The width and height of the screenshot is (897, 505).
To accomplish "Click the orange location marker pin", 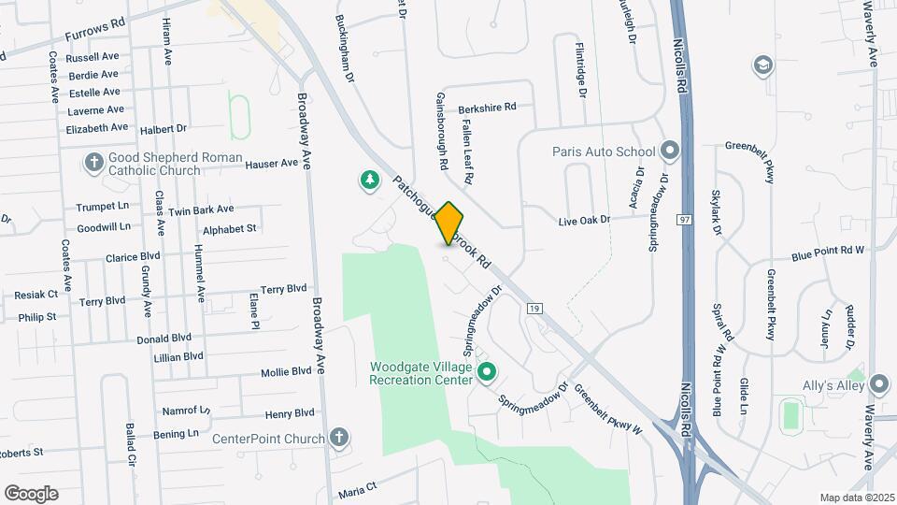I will point(449,223).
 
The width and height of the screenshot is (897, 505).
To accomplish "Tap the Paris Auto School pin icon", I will point(670,151).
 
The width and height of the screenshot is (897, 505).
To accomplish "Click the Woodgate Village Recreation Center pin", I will point(486,373).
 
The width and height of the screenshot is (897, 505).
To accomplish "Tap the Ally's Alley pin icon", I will point(877,384).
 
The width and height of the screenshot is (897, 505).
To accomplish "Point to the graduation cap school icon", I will point(763,65).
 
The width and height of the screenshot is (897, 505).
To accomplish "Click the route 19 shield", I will point(534,308).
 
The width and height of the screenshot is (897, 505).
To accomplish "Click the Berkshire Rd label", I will point(487,108).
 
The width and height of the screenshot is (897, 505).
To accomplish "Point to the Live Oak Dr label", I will point(584,220).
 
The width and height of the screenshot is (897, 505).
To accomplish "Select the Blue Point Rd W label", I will point(828,252).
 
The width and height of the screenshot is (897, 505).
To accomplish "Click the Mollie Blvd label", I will point(287,371).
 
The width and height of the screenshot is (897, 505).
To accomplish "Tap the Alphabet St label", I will point(229,228).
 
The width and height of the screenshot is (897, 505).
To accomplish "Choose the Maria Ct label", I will point(357,488).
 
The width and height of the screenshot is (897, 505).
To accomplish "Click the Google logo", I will point(31,493).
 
